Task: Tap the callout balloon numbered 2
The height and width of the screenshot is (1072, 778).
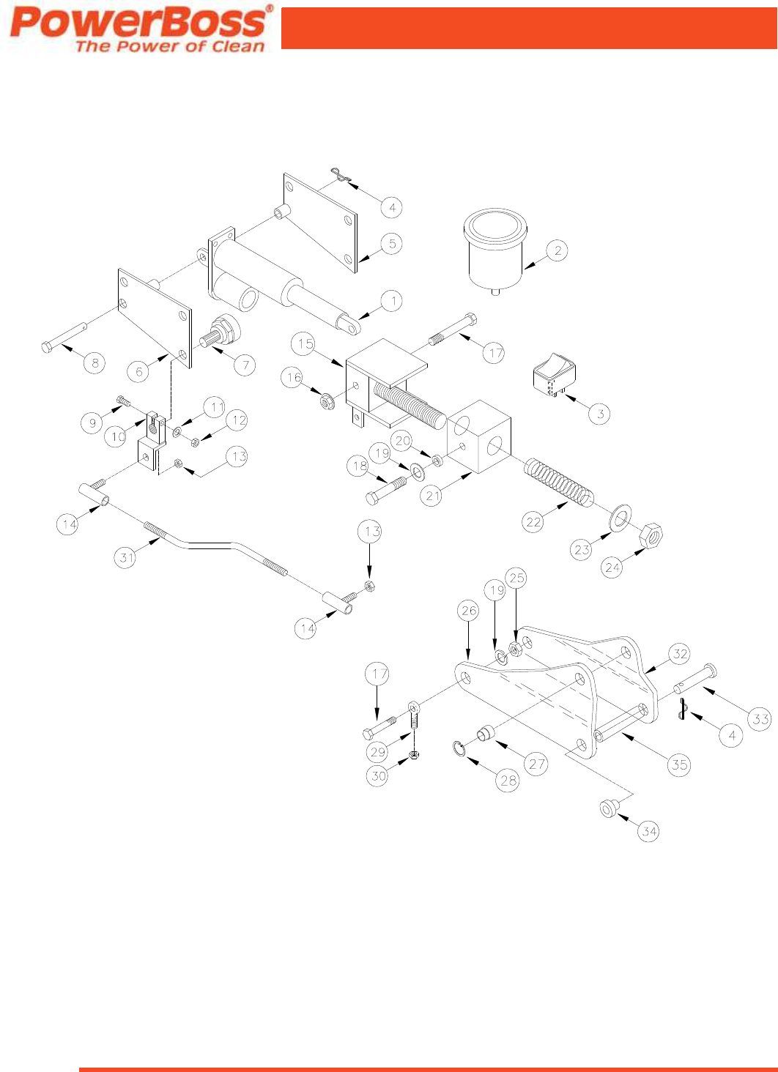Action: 557,251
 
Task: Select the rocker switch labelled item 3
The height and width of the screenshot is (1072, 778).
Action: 554,373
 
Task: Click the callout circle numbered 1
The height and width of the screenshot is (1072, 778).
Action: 392,300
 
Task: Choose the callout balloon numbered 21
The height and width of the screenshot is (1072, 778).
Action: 433,496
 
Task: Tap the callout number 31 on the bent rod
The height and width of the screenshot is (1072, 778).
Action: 127,557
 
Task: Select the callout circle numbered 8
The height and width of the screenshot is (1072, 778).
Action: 95,362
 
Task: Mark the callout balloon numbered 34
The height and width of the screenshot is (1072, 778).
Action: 649,831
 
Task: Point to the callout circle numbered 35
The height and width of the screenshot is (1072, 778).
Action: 680,764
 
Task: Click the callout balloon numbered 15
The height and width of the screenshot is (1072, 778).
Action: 305,343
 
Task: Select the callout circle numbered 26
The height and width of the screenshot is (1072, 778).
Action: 469,610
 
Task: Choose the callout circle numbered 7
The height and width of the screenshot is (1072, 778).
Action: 245,365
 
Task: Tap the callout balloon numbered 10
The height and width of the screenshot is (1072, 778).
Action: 118,437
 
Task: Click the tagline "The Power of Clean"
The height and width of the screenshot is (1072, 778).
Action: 170,46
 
